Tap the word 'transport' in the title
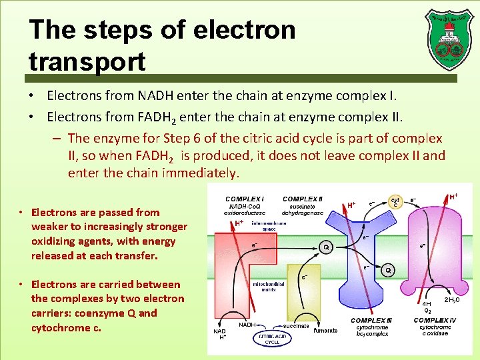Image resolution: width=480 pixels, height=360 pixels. pos(87,61)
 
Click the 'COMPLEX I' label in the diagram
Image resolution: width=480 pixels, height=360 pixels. pos(244,199)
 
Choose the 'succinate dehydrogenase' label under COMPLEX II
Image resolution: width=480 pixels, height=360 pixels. pos(303,210)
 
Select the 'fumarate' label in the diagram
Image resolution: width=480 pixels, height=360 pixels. pos(325,331)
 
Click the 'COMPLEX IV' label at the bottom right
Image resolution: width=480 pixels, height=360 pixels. pos(435,321)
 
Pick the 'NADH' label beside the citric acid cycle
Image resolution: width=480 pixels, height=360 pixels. pos(248,325)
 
